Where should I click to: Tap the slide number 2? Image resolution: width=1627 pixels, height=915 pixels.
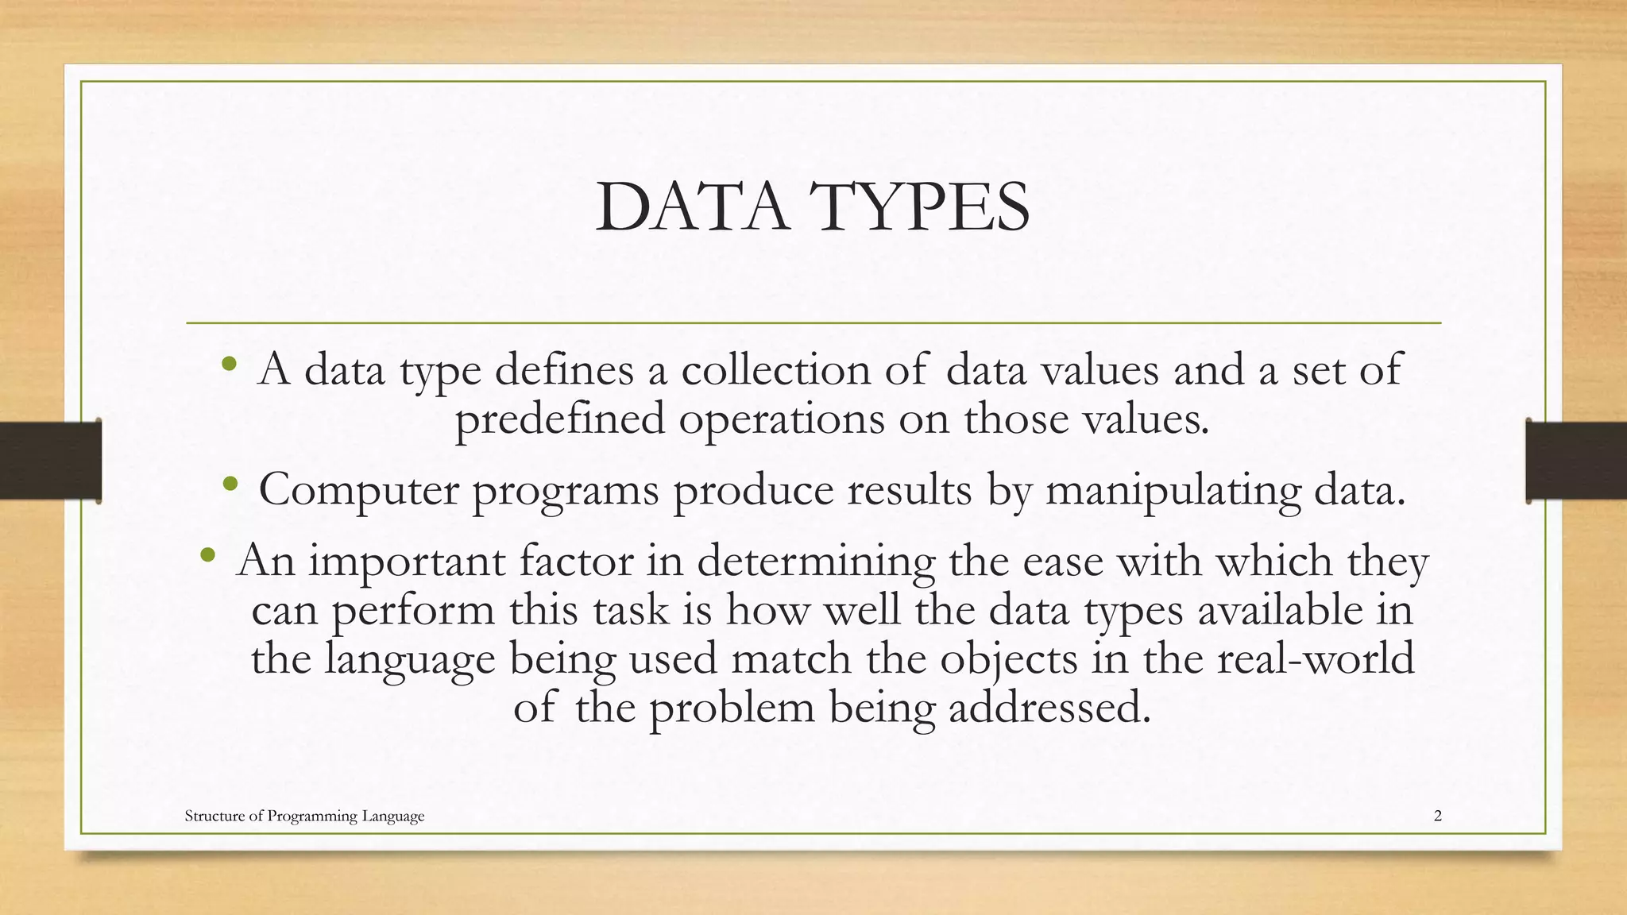coord(1438,816)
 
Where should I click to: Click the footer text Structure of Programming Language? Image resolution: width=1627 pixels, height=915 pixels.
coord(304,816)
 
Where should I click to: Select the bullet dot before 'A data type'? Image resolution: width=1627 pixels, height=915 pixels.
coord(230,365)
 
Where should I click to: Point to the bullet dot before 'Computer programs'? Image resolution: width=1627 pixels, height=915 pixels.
coord(230,484)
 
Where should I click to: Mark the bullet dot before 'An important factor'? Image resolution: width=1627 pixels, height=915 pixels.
coord(208,555)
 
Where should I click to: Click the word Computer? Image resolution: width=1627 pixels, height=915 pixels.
coord(358,490)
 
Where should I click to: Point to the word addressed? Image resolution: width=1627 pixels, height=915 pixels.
coord(1049,707)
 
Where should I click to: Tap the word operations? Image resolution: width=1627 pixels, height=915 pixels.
coord(781,419)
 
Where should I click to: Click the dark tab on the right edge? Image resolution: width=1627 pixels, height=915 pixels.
coord(1576,461)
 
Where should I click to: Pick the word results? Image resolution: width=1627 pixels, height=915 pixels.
coord(909,490)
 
